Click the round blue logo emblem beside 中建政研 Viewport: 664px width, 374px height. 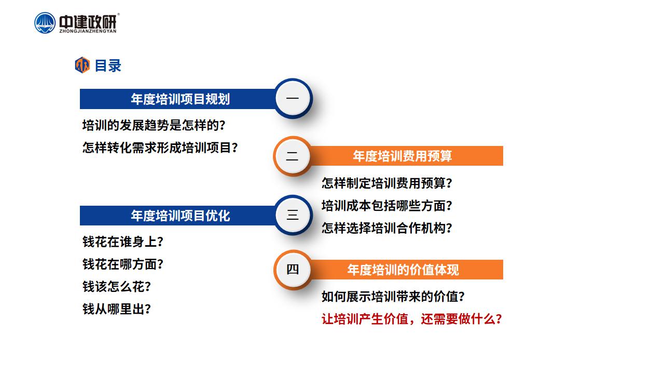[45, 23]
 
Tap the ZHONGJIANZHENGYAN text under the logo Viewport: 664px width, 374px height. [88, 31]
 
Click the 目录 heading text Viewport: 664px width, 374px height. [108, 65]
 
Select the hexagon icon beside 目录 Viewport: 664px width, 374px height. [82, 65]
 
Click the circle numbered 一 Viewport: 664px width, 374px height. [293, 98]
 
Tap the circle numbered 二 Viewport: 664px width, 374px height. [293, 156]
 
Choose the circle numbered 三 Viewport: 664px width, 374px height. [293, 215]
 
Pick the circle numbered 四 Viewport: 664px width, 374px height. [293, 270]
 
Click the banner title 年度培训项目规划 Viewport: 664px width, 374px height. [181, 99]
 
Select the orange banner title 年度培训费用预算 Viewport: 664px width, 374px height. [402, 156]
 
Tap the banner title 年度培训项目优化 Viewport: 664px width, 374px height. [181, 216]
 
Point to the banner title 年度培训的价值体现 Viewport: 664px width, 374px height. [403, 270]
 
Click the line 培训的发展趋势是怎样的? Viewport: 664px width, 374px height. [154, 125]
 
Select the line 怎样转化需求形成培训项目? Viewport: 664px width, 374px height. [160, 148]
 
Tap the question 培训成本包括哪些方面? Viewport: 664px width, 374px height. [387, 206]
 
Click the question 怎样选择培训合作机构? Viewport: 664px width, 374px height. [387, 228]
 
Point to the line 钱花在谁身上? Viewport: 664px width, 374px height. [123, 242]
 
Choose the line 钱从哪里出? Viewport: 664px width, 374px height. [117, 309]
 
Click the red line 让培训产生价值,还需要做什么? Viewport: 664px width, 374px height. [412, 319]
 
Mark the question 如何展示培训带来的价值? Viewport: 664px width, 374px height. [393, 297]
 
